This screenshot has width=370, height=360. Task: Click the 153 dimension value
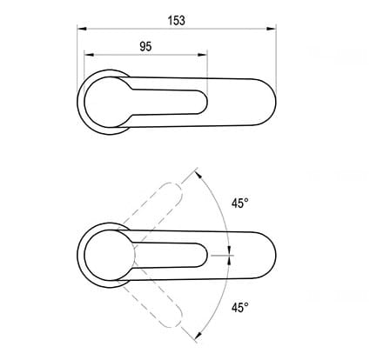[x=177, y=21]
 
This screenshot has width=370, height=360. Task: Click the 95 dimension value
[x=145, y=46]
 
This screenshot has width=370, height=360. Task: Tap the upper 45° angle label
[x=240, y=203]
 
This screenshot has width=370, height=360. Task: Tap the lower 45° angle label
[x=240, y=307]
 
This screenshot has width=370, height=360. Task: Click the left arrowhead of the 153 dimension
[x=82, y=29]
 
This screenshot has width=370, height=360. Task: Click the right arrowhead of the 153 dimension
[x=271, y=29]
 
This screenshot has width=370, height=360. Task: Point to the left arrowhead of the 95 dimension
[x=89, y=55]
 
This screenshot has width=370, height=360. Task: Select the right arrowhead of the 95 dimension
[x=202, y=55]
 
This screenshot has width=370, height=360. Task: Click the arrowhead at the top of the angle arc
[x=198, y=175]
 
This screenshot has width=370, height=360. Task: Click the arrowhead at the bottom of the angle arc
[x=198, y=336]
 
